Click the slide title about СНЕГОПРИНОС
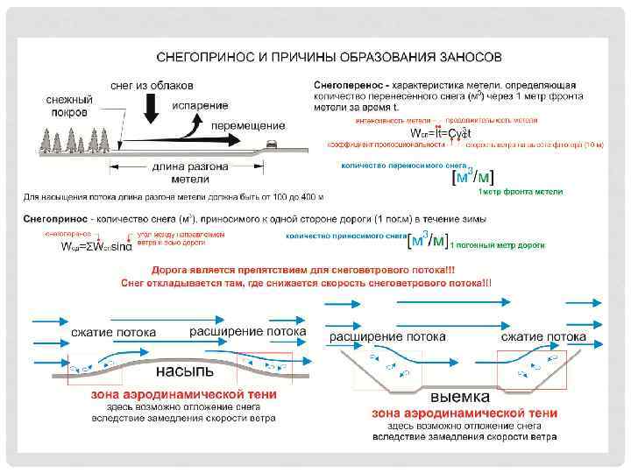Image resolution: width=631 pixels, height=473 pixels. point(329,57)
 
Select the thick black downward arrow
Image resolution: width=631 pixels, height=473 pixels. point(150,109)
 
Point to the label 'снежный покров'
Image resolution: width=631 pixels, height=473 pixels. point(69,107)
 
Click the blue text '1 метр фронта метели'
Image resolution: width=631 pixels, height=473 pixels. point(520,191)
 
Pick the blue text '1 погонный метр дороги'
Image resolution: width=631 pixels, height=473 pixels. point(497,244)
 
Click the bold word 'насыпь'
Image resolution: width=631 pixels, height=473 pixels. point(184,367)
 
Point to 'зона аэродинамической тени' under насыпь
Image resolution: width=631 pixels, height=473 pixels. point(184,394)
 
